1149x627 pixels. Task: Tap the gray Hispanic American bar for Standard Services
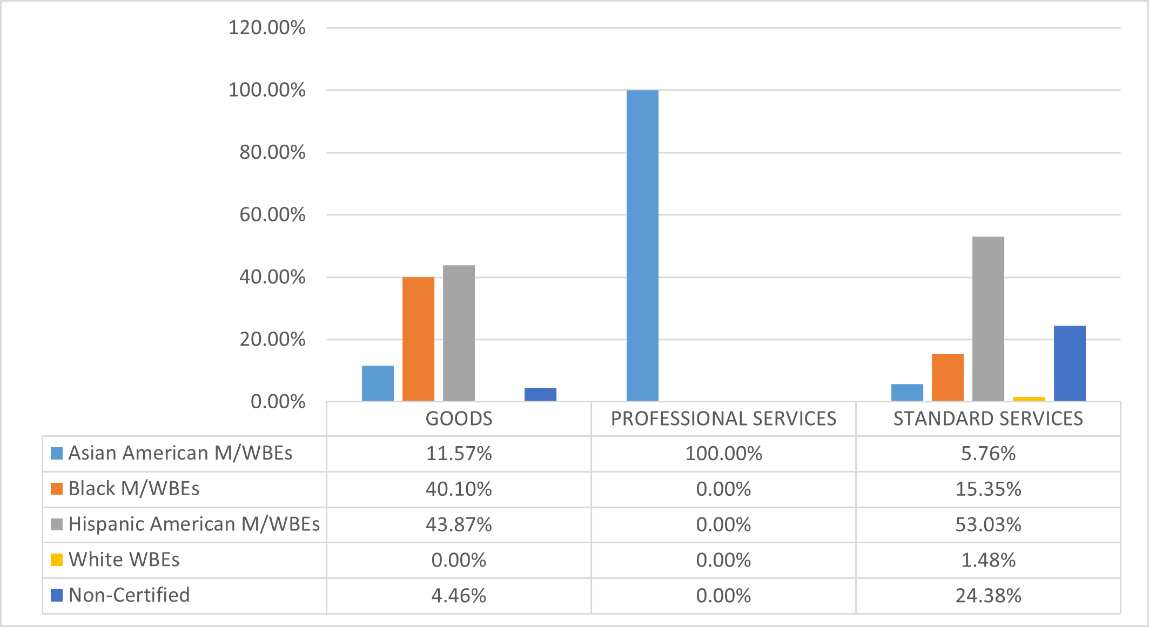coord(988,319)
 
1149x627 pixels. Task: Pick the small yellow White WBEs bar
coord(1029,399)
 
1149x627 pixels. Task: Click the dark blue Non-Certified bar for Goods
coord(540,394)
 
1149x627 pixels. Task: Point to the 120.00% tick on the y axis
coord(267,28)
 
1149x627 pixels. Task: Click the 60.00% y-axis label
coord(272,215)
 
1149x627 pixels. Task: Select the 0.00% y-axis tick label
coord(278,402)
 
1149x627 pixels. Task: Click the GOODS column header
coord(459,419)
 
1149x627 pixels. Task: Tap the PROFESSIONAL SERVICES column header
coord(723,419)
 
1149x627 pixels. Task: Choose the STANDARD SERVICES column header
coord(988,419)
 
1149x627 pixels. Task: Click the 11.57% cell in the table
coord(459,454)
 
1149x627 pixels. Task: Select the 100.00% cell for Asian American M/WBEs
coord(723,454)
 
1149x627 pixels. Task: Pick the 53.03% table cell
coord(988,525)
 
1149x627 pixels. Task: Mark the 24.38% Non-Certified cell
coord(988,596)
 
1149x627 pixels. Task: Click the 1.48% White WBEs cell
coord(988,560)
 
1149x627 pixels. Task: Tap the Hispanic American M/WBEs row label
coord(194,524)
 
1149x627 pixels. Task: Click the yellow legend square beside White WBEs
coord(57,559)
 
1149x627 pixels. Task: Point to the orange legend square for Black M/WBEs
coord(57,489)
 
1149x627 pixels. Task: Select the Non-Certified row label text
coord(129,595)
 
